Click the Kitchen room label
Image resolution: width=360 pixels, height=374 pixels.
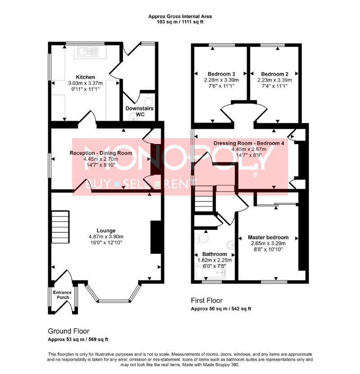coord(85,77)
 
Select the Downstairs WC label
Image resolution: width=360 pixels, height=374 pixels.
coord(139,111)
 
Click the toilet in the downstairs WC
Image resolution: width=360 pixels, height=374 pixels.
coord(149,101)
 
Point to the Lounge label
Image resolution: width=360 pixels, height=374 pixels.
coord(106,230)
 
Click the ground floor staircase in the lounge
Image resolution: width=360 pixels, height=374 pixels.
coord(61,227)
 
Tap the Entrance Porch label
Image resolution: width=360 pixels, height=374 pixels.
coord(62,295)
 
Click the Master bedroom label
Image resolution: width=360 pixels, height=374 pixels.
coord(268,237)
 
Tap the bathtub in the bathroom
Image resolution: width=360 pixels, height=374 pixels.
coord(210,272)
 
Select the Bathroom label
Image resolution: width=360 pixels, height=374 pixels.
coord(215,254)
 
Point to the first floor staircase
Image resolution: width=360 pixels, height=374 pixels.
coord(203,198)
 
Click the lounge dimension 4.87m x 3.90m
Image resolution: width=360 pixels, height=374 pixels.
coord(106,237)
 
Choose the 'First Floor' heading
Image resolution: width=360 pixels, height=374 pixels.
coord(207,300)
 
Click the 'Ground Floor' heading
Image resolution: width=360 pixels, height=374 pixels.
coord(69,331)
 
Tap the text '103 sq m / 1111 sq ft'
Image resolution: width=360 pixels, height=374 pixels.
coord(180,22)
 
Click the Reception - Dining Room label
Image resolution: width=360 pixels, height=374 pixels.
coord(101,153)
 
